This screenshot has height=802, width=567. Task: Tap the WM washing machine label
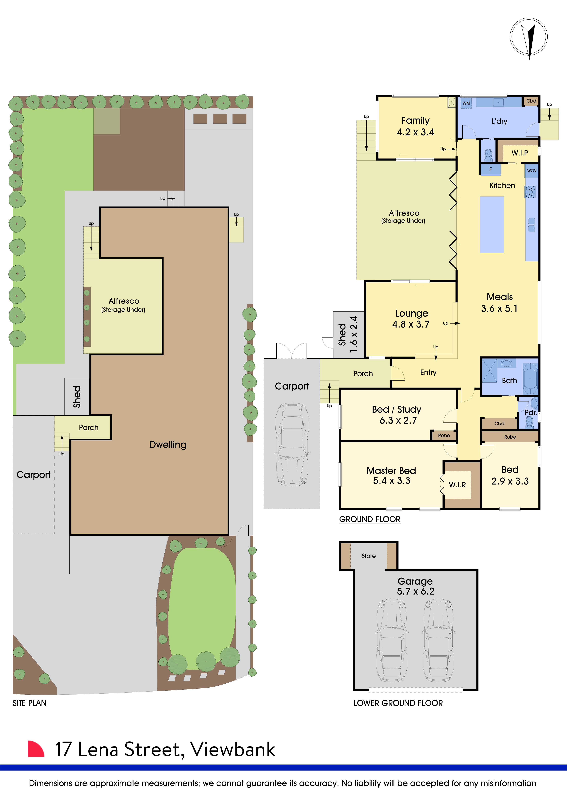[466, 103]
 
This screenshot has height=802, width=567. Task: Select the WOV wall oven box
[531, 171]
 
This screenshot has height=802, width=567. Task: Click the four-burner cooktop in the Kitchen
[531, 192]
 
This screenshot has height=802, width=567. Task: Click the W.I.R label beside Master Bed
[457, 485]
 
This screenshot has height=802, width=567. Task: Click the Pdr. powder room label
[530, 412]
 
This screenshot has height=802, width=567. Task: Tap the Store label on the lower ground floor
[368, 556]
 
